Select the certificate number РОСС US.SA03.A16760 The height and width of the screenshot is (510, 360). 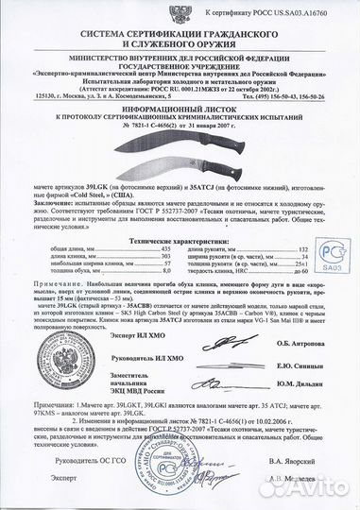(x=300, y=8)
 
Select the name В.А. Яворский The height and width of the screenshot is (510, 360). (x=308, y=487)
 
